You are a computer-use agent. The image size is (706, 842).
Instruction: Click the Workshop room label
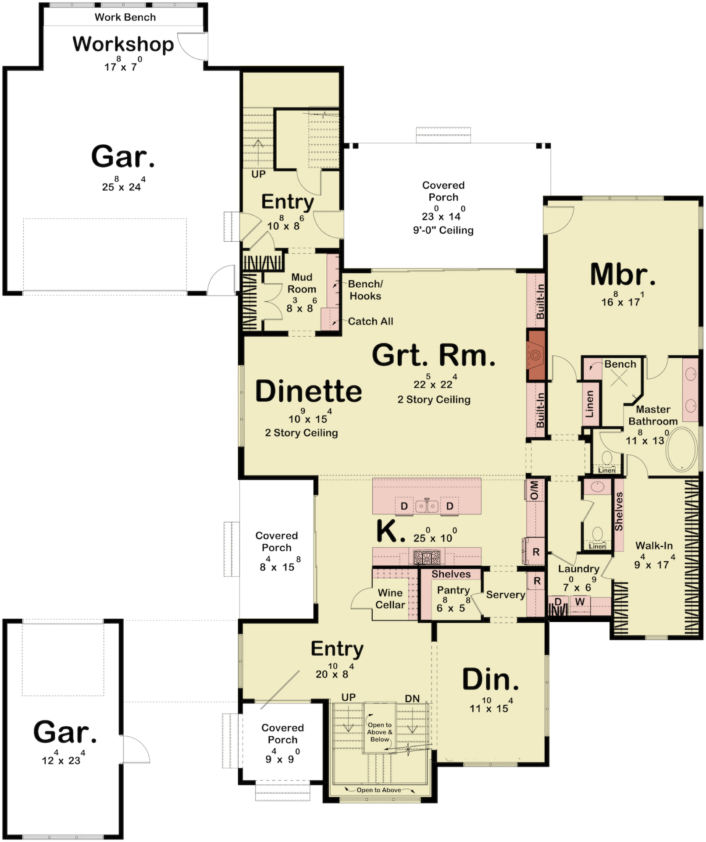(123, 44)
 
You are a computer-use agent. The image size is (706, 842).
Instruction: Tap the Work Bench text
(125, 17)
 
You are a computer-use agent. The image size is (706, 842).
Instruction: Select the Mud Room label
(302, 283)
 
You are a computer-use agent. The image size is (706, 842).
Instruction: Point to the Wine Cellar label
(390, 599)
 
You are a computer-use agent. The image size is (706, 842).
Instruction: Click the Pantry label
(453, 590)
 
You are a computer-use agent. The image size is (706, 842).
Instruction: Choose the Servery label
(506, 595)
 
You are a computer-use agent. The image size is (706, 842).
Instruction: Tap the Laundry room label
(578, 569)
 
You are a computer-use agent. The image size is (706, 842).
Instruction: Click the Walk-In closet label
(654, 546)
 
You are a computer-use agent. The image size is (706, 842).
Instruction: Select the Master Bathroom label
(653, 415)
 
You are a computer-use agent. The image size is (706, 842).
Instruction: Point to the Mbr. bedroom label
(623, 275)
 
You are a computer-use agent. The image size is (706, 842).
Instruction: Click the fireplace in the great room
(535, 355)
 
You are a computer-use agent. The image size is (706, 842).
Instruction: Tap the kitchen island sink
(427, 506)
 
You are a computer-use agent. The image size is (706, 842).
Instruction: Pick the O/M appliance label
(535, 490)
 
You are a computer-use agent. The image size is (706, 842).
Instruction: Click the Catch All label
(371, 321)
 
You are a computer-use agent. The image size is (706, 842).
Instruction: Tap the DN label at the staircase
(412, 698)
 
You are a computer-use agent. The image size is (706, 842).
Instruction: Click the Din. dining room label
(490, 680)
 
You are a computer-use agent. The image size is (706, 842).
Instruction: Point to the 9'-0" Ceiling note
(443, 230)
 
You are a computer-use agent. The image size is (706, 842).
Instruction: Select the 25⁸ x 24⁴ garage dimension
(124, 184)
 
